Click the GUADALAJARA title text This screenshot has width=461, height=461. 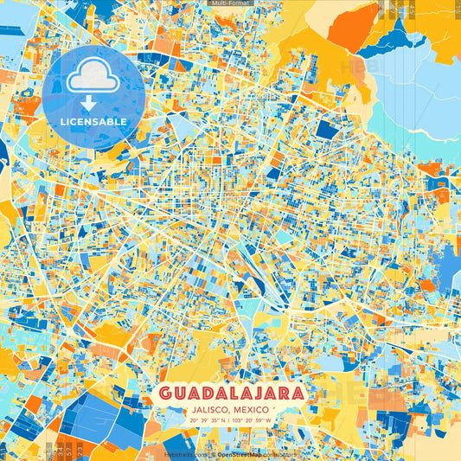(231, 393)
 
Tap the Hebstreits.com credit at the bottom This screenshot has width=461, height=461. (184, 453)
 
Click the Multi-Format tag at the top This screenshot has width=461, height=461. (230, 3)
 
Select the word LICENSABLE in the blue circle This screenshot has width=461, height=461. (93, 121)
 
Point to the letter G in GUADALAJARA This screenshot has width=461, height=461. (167, 393)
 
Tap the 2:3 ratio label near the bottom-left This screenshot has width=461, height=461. (80, 450)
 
